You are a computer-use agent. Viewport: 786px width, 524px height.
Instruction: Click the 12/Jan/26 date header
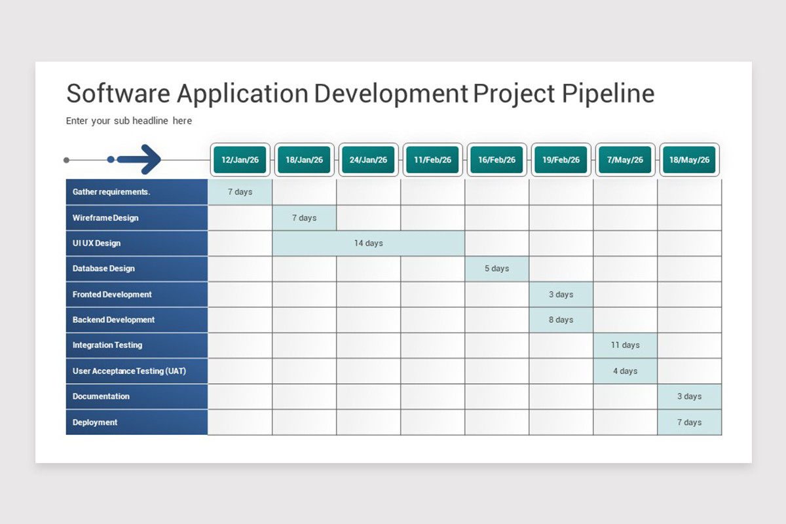(x=240, y=160)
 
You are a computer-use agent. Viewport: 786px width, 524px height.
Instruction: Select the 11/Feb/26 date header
(x=432, y=160)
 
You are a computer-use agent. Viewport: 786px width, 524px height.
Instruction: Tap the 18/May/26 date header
(x=689, y=160)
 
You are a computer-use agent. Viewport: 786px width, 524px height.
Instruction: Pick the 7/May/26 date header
(x=625, y=160)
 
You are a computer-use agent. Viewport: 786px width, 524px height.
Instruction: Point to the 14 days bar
(x=369, y=243)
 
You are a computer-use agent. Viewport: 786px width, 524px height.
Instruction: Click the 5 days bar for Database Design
(x=496, y=269)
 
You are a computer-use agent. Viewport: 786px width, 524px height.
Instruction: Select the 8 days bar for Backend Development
(x=561, y=320)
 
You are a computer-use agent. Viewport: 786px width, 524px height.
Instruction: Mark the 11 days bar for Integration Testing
(x=625, y=345)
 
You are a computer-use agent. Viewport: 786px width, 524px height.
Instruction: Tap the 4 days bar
(x=625, y=371)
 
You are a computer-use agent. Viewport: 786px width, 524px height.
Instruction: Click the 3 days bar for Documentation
(x=689, y=396)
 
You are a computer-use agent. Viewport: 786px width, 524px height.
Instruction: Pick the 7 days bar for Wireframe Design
(x=304, y=217)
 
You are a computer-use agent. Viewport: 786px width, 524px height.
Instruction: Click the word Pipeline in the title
(x=608, y=94)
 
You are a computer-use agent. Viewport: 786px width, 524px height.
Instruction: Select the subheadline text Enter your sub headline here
(x=129, y=121)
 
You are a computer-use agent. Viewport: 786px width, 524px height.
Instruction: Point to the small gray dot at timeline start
(x=66, y=160)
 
